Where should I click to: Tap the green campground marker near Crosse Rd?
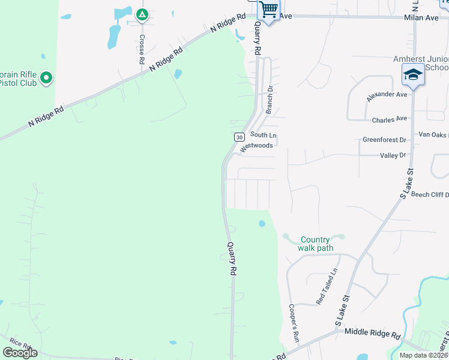pyautogui.click(x=142, y=14)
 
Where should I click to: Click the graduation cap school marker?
pyautogui.click(x=412, y=74)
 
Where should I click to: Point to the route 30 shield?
pyautogui.click(x=239, y=137)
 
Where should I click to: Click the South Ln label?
pyautogui.click(x=263, y=135)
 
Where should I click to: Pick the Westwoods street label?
pyautogui.click(x=256, y=146)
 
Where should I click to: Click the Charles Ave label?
pyautogui.click(x=389, y=119)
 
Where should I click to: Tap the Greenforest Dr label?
pyautogui.click(x=384, y=140)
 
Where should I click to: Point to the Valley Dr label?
pyautogui.click(x=393, y=155)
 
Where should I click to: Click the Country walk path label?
pyautogui.click(x=316, y=244)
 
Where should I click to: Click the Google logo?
pyautogui.click(x=20, y=353)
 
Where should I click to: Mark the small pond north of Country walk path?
pyautogui.click(x=262, y=224)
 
